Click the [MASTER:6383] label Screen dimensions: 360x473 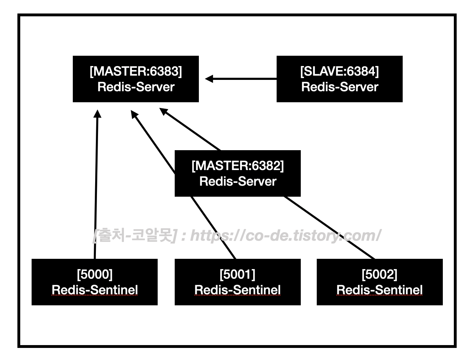tap(136, 71)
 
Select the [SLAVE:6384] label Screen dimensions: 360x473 tap(339, 71)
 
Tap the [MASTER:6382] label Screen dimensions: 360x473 tap(238, 166)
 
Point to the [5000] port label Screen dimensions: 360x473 tap(94, 274)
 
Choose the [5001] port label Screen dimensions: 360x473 tap(238, 274)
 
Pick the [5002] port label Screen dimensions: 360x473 tap(379, 274)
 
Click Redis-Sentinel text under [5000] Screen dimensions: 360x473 tap(94, 290)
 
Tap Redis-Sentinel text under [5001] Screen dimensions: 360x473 tap(238, 290)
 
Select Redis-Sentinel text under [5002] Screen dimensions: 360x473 tap(379, 290)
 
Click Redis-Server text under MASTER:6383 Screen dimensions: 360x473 tap(136, 87)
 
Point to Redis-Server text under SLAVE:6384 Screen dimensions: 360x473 tap(339, 87)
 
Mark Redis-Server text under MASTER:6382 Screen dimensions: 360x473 tap(238, 181)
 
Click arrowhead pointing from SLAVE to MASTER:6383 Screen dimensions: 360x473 tap(209, 79)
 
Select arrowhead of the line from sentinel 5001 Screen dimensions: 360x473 tap(134, 114)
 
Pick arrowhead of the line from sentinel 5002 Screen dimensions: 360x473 tap(164, 111)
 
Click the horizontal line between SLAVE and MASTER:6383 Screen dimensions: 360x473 tap(245, 79)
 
